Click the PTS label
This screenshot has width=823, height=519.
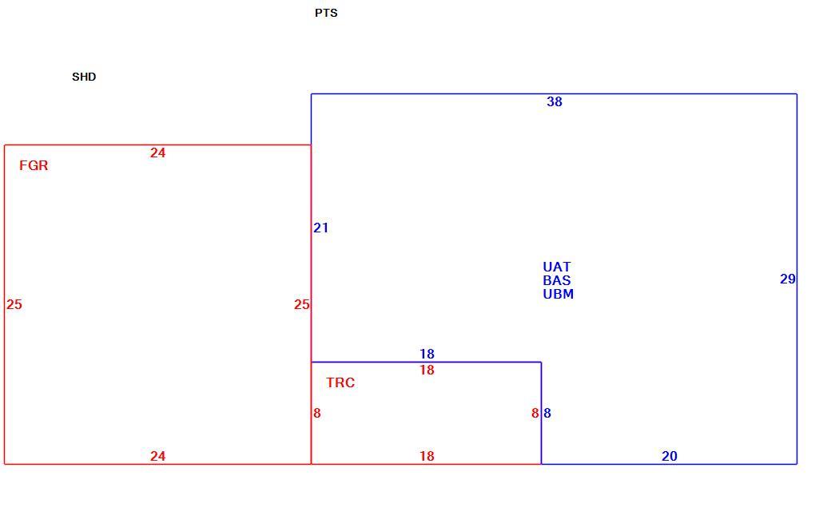326,13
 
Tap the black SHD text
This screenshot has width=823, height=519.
84,77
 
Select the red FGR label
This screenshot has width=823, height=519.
34,165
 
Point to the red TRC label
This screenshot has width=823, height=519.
340,382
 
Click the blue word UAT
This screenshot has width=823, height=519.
557,267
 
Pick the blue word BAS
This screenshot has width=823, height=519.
557,280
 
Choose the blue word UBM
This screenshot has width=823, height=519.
559,294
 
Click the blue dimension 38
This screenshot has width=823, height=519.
555,101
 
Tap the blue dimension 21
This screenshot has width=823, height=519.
320,228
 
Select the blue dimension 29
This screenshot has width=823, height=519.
788,279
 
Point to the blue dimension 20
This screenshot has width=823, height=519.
670,456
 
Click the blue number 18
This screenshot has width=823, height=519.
427,354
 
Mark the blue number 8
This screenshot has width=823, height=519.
547,413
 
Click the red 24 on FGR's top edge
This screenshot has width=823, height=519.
157,153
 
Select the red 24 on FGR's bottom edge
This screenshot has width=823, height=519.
157,456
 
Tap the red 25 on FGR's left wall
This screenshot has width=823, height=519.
14,304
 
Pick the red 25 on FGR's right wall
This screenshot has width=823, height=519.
302,304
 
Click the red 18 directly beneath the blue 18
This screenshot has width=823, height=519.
427,370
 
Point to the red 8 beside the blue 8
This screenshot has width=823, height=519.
535,413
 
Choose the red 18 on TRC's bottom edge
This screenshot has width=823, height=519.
427,456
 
